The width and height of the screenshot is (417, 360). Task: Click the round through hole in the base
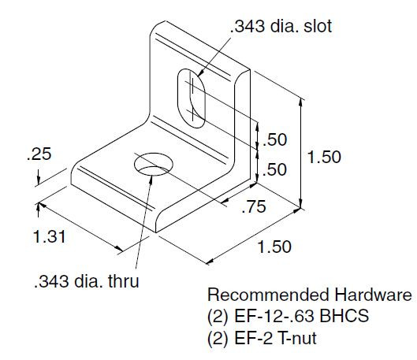[153, 165]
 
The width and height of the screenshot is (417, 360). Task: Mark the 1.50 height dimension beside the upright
[324, 158]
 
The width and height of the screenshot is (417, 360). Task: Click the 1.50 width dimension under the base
[274, 247]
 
